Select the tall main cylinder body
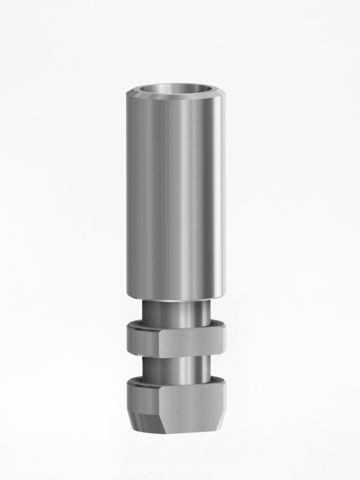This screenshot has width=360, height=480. pos(176,197)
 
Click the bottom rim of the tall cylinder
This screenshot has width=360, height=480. pos(176,298)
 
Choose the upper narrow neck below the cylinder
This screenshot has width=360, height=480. pos(176,313)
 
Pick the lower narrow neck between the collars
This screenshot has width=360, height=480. pos(176,369)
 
